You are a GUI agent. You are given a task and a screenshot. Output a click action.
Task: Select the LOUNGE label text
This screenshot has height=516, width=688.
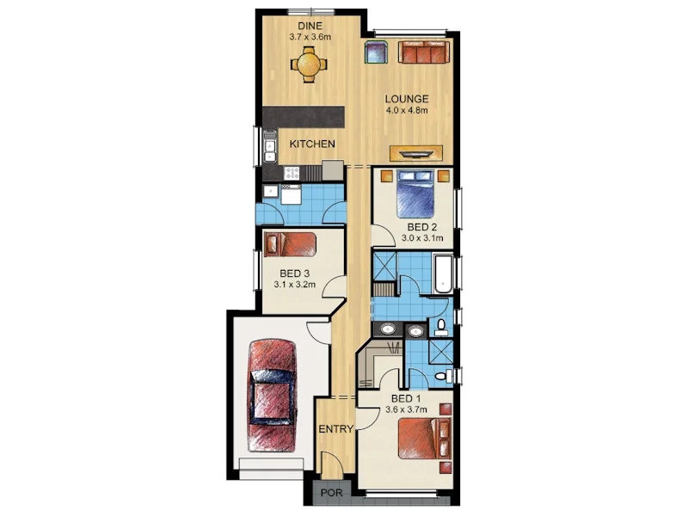tap(406, 99)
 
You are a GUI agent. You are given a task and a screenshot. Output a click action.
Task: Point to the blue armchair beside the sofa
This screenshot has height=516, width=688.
tap(376, 52)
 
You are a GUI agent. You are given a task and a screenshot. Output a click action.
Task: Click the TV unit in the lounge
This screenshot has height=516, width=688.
tap(418, 153)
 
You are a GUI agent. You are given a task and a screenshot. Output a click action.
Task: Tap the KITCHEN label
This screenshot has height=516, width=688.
tap(311, 144)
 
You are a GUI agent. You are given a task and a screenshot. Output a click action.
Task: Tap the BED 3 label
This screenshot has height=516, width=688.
tap(295, 274)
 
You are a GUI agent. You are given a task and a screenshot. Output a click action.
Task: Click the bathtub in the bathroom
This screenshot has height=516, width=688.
tap(443, 273)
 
